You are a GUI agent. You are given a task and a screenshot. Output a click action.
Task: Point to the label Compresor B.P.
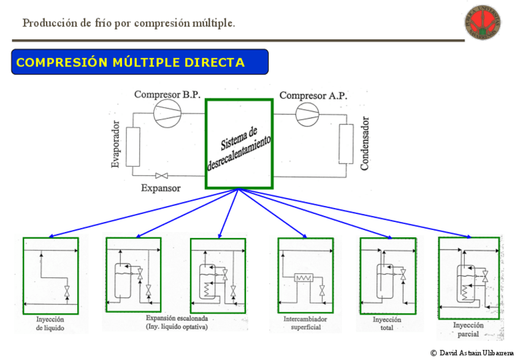click(x=167, y=95)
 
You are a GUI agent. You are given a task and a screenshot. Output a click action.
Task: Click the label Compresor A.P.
click(x=313, y=95)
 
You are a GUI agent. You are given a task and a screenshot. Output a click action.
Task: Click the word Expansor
click(x=161, y=188)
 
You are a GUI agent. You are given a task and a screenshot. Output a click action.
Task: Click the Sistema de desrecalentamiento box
click(x=239, y=145)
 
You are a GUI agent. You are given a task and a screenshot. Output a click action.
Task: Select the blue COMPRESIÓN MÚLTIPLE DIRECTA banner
click(x=140, y=62)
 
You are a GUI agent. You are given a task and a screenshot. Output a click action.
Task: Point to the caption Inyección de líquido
click(x=50, y=324)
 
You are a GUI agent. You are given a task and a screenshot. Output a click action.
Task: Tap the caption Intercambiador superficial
click(x=305, y=324)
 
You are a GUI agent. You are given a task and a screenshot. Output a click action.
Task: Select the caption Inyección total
click(x=387, y=324)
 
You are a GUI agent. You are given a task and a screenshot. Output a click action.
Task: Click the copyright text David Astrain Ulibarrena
click(x=472, y=353)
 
